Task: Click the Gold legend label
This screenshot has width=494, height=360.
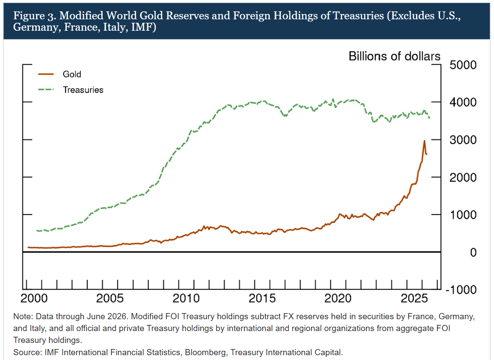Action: (72, 74)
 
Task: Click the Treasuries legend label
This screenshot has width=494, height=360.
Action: (83, 90)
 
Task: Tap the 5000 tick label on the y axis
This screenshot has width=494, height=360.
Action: (463, 65)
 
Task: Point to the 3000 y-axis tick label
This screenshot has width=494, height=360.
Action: (463, 140)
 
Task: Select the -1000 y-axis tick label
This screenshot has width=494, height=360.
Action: (461, 290)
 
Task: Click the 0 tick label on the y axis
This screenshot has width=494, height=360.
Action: (473, 252)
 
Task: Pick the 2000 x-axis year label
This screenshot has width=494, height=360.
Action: (34, 298)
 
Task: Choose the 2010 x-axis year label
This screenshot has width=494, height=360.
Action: (186, 298)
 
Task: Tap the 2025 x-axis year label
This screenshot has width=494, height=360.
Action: (414, 298)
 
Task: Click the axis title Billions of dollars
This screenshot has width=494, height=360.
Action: (394, 56)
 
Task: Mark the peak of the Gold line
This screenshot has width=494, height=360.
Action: (424, 141)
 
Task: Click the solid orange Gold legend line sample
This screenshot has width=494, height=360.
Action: (46, 75)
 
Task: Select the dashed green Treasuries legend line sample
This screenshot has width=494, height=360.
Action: (46, 90)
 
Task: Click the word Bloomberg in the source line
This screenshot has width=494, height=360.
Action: (205, 353)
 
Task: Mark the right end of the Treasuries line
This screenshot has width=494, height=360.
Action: (430, 118)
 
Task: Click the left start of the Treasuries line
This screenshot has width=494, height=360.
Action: (37, 231)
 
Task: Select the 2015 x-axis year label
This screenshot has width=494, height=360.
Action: (262, 298)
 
